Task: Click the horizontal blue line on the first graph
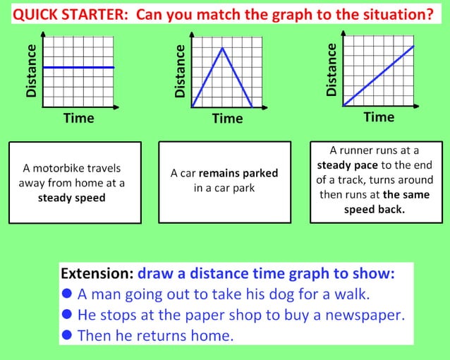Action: (78, 67)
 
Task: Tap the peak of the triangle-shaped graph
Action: (222, 48)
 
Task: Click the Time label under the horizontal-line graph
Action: (78, 118)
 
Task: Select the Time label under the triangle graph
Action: (227, 119)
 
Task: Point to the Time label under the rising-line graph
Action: (379, 116)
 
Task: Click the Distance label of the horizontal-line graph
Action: (31, 70)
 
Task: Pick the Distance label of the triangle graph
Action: (180, 71)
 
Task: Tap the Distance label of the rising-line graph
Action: (332, 69)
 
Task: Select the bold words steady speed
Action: (71, 198)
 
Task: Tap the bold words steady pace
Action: (344, 164)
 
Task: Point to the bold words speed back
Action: (375, 209)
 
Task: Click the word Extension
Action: (97, 273)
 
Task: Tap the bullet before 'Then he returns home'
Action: (67, 335)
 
